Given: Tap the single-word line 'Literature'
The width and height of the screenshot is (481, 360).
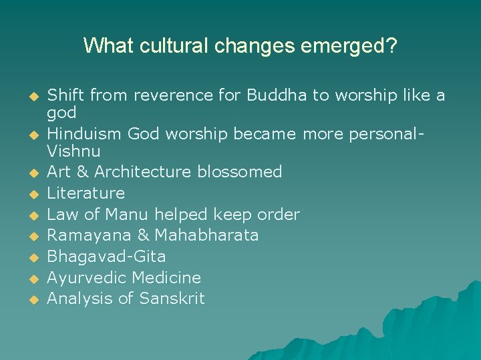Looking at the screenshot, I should pyautogui.click(x=86, y=193).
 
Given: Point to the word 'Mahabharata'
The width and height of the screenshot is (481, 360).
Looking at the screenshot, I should pyautogui.click(x=206, y=235).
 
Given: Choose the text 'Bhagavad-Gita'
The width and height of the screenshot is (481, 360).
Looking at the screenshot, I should pyautogui.click(x=106, y=257).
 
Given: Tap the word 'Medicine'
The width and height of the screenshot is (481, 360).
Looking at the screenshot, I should pyautogui.click(x=166, y=277).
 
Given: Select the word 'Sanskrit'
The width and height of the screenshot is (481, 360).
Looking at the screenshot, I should pyautogui.click(x=172, y=299).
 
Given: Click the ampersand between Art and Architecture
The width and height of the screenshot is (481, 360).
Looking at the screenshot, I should pyautogui.click(x=82, y=171).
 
